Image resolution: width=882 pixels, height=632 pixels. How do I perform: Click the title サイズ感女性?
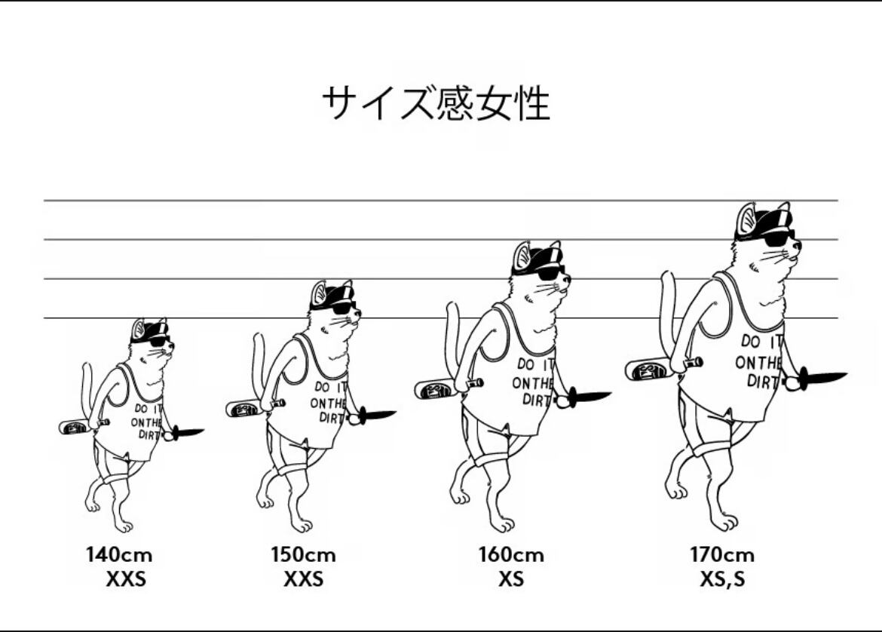[436, 103]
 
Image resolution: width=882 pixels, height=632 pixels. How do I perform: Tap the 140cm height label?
[119, 556]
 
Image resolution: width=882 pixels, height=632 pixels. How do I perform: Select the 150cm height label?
[303, 556]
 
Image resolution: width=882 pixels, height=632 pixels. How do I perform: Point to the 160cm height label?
[510, 556]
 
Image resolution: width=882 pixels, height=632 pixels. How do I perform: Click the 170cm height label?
[721, 556]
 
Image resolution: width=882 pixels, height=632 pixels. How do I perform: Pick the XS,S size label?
[721, 580]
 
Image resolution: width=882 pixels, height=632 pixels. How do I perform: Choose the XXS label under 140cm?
[126, 580]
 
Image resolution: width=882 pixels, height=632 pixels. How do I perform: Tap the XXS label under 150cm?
[303, 580]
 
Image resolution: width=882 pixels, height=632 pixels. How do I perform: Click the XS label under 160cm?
[510, 580]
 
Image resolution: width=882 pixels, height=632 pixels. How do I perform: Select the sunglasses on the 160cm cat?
[550, 273]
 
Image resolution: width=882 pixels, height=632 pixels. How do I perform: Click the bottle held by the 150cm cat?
[246, 409]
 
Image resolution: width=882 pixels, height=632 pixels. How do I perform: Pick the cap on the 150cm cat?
[332, 294]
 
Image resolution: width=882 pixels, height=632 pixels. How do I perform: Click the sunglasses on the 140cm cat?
[158, 341]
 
